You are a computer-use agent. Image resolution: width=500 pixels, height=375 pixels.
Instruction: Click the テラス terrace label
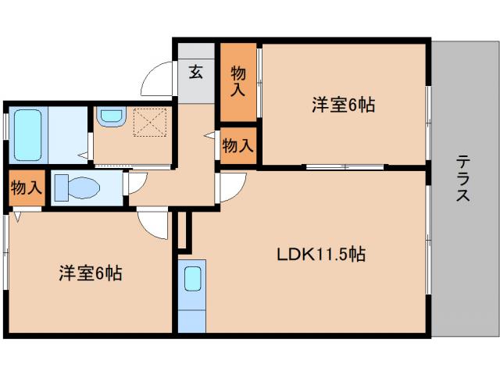pyautogui.click(x=463, y=179)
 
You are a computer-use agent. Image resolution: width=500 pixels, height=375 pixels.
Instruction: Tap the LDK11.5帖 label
pyautogui.click(x=321, y=254)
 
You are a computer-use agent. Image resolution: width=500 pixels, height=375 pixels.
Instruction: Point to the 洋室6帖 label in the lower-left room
pyautogui.click(x=90, y=273)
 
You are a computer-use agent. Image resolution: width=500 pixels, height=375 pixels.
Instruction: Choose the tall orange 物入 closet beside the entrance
pyautogui.click(x=238, y=81)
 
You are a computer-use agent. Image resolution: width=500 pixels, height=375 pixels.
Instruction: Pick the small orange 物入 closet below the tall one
pyautogui.click(x=237, y=145)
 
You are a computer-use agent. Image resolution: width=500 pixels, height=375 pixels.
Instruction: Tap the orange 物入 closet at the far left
pyautogui.click(x=26, y=187)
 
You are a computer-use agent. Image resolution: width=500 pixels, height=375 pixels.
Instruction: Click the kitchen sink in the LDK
pyautogui.click(x=191, y=278)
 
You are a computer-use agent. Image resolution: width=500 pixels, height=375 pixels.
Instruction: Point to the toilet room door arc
pyautogui.click(x=134, y=184)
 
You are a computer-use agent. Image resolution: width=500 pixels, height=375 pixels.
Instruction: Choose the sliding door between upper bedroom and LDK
pyautogui.click(x=344, y=166)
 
